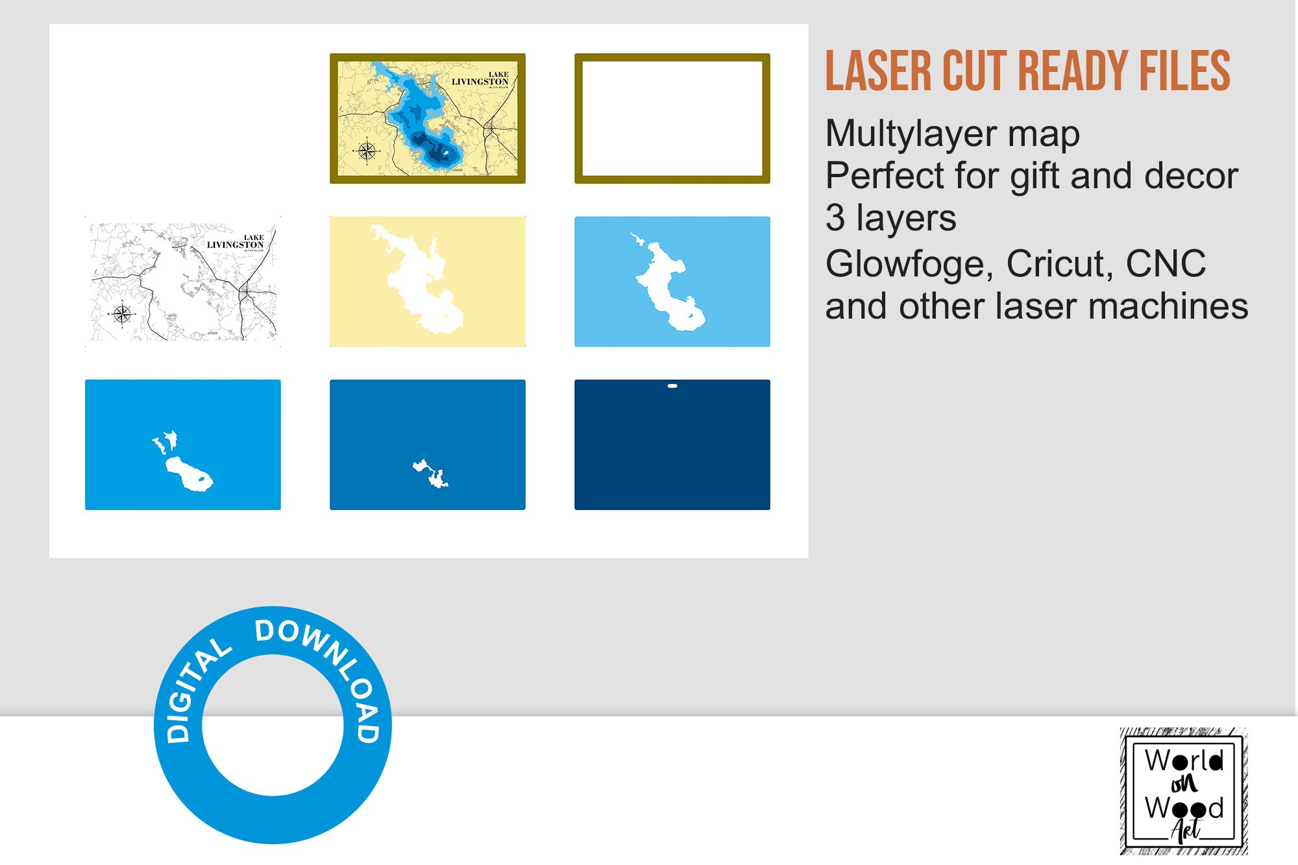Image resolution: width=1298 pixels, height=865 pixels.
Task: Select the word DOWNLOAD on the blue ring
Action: pos(324,668)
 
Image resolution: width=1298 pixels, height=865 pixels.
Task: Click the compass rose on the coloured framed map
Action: pos(367,151)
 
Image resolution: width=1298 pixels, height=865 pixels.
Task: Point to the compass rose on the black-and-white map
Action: pos(121,315)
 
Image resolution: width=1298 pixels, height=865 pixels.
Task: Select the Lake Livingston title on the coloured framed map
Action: pos(481,79)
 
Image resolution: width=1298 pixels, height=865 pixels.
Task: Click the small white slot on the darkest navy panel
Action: pos(672,386)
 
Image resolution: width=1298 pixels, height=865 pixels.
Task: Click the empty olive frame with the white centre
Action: pos(672,118)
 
